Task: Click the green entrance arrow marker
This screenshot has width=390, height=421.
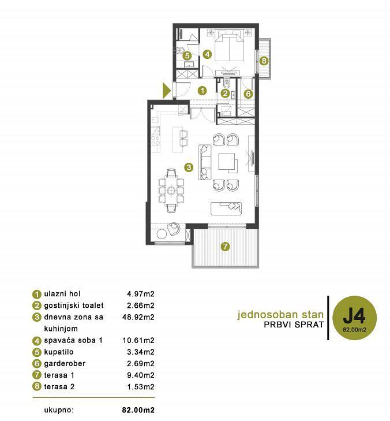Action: [x=166, y=90]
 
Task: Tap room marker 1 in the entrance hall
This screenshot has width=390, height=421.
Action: [x=202, y=91]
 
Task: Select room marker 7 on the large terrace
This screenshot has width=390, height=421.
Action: [x=225, y=246]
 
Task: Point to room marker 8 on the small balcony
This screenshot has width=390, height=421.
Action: [x=264, y=61]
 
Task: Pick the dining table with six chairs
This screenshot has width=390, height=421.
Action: [x=171, y=191]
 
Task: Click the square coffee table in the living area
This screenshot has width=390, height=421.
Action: [x=227, y=162]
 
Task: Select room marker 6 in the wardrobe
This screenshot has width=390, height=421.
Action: [x=249, y=94]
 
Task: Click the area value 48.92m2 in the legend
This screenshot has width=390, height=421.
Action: [x=138, y=317]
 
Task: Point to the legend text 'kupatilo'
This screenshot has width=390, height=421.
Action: [x=59, y=352]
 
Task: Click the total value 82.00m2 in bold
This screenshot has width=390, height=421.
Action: [x=138, y=410]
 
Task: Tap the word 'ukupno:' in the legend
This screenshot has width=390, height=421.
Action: [x=59, y=411]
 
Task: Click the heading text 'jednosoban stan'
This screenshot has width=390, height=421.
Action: [x=280, y=314]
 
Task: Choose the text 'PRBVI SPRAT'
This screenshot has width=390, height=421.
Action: [x=294, y=325]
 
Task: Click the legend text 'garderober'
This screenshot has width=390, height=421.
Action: [x=65, y=364]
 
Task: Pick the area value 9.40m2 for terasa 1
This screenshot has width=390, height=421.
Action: [x=141, y=375]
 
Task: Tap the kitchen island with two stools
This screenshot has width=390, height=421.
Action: [x=180, y=139]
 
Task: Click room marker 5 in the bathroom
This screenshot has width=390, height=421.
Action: [x=187, y=56]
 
